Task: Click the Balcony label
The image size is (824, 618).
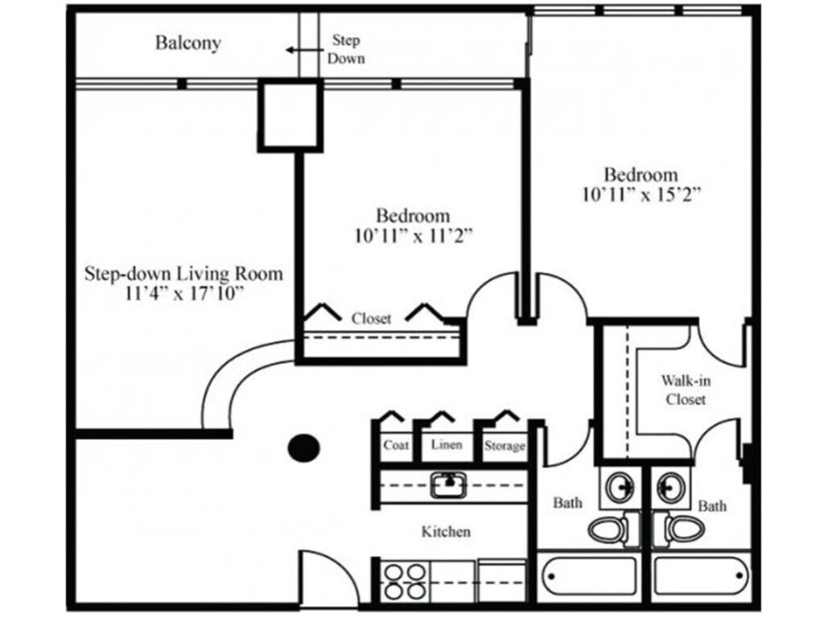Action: (187, 43)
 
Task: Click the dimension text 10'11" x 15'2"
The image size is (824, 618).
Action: (641, 194)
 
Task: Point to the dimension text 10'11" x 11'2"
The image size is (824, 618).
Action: (413, 236)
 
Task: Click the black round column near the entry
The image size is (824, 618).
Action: (304, 447)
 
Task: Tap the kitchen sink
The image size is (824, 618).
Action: (447, 485)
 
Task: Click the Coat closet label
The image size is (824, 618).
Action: (396, 445)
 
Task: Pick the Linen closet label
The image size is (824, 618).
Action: (447, 444)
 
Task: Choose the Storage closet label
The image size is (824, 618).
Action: (505, 446)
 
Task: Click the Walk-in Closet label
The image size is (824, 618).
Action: (686, 389)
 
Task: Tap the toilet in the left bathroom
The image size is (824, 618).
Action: (609, 529)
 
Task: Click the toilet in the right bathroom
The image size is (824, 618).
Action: (684, 529)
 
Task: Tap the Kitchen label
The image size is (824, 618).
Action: (446, 532)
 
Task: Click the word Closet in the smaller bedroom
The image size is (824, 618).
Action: (372, 319)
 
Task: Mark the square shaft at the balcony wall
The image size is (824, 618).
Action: (290, 114)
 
